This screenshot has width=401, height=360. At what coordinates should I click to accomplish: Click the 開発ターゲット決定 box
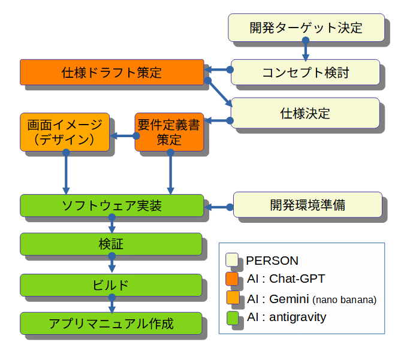coord(306,28)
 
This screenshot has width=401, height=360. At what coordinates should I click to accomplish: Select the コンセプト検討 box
coord(306,72)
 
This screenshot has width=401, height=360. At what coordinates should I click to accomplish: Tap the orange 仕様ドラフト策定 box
coord(112,72)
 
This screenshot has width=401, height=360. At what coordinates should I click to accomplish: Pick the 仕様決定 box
coord(306,113)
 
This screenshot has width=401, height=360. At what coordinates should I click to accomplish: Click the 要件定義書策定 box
coord(169,132)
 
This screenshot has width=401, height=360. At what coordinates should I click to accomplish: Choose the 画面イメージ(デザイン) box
coord(65,132)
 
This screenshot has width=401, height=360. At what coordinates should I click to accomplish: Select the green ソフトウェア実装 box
coord(112,205)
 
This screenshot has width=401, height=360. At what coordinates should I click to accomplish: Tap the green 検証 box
coord(111,244)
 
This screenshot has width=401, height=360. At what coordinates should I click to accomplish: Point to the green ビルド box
coord(111,285)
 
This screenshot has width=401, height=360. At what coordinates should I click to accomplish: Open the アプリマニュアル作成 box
coord(111,323)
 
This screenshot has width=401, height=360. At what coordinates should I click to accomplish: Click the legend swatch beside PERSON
coord(233,260)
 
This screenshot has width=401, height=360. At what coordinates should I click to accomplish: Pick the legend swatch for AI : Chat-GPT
coord(233,279)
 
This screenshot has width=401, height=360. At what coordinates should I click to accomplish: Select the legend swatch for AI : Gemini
coord(233,298)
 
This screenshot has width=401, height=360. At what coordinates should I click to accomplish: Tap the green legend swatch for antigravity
coord(233,317)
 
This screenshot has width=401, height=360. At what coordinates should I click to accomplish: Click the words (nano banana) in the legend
coord(345,300)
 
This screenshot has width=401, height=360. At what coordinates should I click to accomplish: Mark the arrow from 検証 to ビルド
coord(111,264)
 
